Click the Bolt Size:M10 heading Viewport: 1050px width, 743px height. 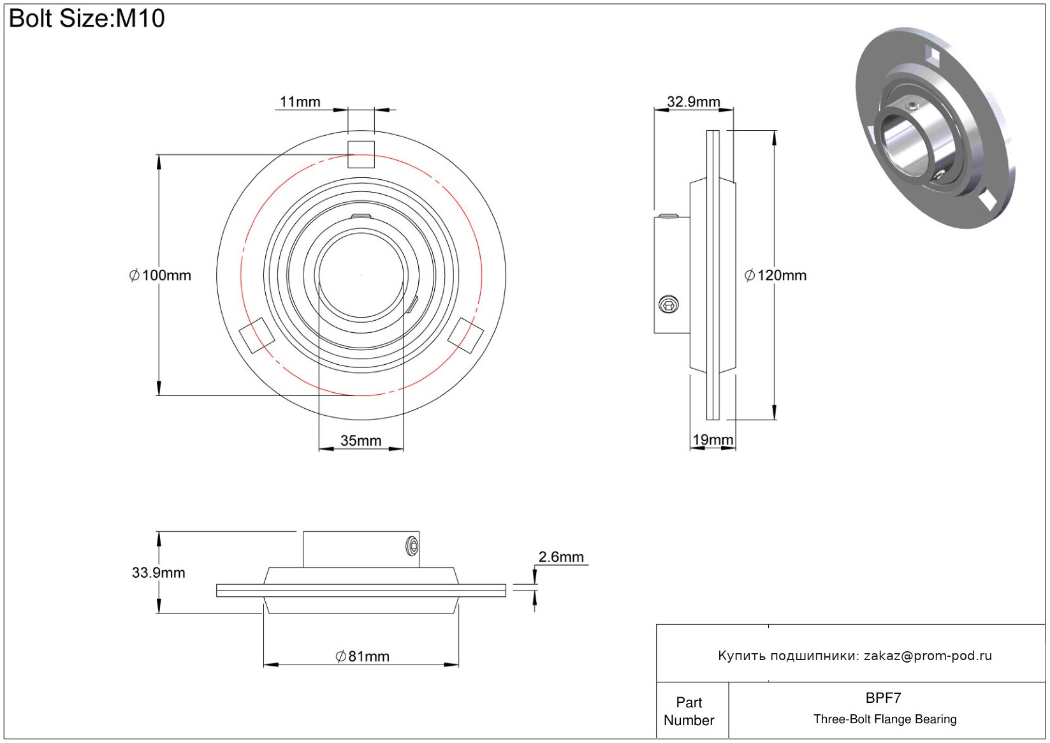pyautogui.click(x=87, y=18)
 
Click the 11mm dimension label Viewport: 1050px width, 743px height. pyautogui.click(x=300, y=102)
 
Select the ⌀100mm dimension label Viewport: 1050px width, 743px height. pyautogui.click(x=160, y=276)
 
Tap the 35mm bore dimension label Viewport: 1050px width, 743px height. pyautogui.click(x=360, y=441)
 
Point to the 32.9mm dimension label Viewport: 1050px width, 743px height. pyautogui.click(x=693, y=102)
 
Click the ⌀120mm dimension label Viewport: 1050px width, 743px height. pyautogui.click(x=775, y=276)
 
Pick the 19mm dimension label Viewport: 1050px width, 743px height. pyautogui.click(x=712, y=440)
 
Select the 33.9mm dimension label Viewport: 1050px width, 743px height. pyautogui.click(x=158, y=573)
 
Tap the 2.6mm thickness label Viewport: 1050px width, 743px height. pyautogui.click(x=561, y=557)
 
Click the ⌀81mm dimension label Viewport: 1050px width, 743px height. pyautogui.click(x=362, y=656)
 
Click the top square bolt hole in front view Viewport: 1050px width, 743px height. pyautogui.click(x=361, y=154)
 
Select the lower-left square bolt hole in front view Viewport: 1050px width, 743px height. pyautogui.click(x=256, y=335)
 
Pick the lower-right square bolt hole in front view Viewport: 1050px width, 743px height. pyautogui.click(x=465, y=335)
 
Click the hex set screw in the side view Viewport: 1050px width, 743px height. pyautogui.click(x=668, y=304)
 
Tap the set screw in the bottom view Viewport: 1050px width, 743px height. pyautogui.click(x=412, y=546)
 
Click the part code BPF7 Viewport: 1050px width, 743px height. pyautogui.click(x=883, y=698)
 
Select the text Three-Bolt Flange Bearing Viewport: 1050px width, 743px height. pyautogui.click(x=885, y=719)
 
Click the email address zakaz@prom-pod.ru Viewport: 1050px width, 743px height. pyautogui.click(x=928, y=656)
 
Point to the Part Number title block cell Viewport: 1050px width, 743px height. pyautogui.click(x=689, y=711)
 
